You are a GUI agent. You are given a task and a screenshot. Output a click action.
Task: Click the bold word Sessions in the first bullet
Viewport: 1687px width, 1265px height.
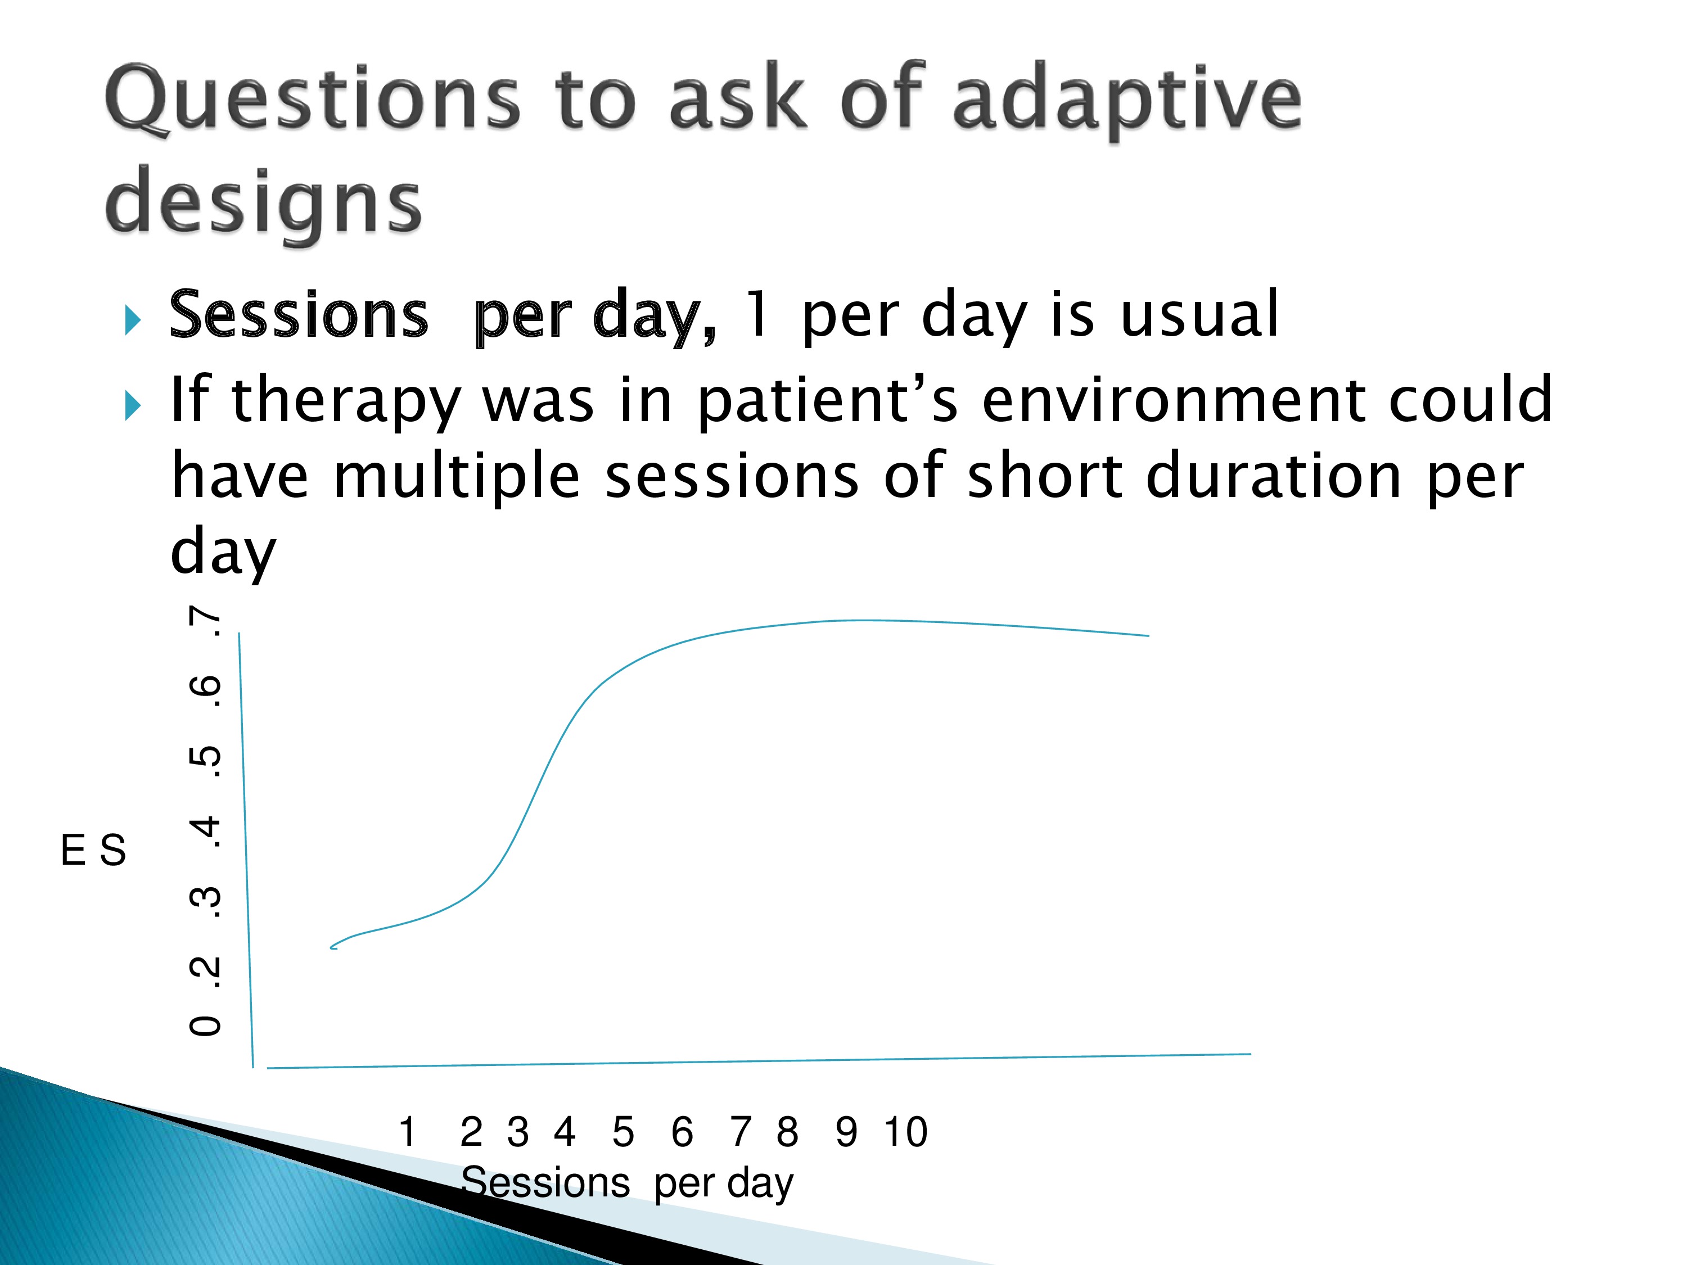pyautogui.click(x=299, y=314)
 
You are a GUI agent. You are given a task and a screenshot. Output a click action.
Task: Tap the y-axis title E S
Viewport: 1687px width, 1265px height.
pyautogui.click(x=93, y=850)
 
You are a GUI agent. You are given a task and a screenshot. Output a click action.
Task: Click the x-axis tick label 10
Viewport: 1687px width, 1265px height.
pyautogui.click(x=906, y=1132)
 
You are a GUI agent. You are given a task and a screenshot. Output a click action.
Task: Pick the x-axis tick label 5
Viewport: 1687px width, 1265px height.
pyautogui.click(x=623, y=1132)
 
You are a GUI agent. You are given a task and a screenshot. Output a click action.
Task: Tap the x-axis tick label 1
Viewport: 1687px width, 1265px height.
pyautogui.click(x=408, y=1132)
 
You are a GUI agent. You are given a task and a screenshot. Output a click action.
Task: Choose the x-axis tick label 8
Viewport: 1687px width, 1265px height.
pyautogui.click(x=788, y=1132)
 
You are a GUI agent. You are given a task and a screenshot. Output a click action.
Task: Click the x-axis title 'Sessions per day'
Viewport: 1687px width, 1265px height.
pyautogui.click(x=628, y=1183)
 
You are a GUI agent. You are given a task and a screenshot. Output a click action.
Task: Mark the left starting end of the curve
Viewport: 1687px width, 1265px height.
pyautogui.click(x=331, y=948)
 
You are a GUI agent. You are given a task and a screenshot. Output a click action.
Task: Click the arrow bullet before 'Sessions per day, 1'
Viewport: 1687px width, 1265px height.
pyautogui.click(x=133, y=320)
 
